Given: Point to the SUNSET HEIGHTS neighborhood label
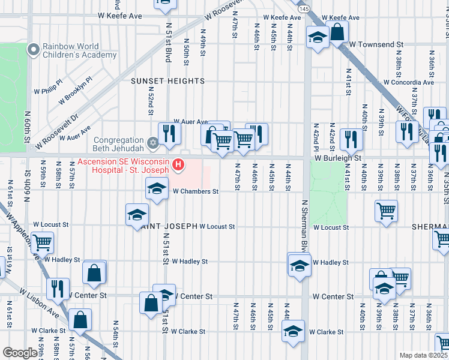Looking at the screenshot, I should coord(169,81).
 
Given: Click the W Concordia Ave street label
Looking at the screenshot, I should coord(409,82).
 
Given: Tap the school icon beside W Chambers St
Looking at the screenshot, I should coord(157,190).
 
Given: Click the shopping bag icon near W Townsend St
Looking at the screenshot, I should coord(337,32).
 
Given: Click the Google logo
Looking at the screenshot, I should coord(20,353).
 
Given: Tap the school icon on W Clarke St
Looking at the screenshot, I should coord(293,332).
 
